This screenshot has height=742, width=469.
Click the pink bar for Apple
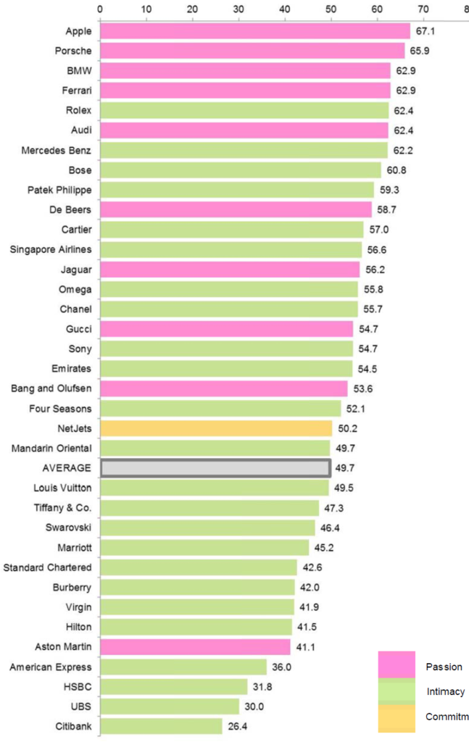point(254,31)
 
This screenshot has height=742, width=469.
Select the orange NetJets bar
point(215,428)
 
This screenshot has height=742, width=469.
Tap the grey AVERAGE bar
point(215,468)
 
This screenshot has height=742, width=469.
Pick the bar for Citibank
point(161,726)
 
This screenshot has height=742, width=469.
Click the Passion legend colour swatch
point(397,665)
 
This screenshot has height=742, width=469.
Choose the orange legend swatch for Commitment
point(397,717)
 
